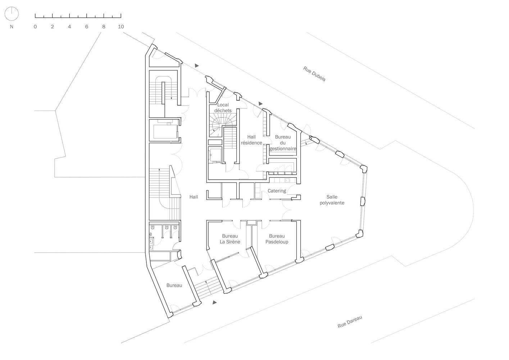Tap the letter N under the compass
[x=12, y=27]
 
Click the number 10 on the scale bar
[x=121, y=27]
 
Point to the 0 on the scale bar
[x=35, y=27]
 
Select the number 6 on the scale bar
[x=87, y=27]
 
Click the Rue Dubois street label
[x=314, y=74]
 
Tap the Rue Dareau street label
[x=350, y=322]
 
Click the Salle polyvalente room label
[x=332, y=200]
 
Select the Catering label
[x=277, y=191]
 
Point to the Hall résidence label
[x=251, y=140]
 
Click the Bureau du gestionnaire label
[x=283, y=143]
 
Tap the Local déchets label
[x=223, y=108]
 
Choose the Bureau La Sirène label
[x=230, y=239]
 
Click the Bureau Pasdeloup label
[x=277, y=239]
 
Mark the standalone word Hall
[x=194, y=197]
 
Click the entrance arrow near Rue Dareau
[x=214, y=302]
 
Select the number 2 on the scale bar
[x=52, y=27]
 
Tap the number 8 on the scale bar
[x=104, y=27]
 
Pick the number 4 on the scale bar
[x=69, y=27]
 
